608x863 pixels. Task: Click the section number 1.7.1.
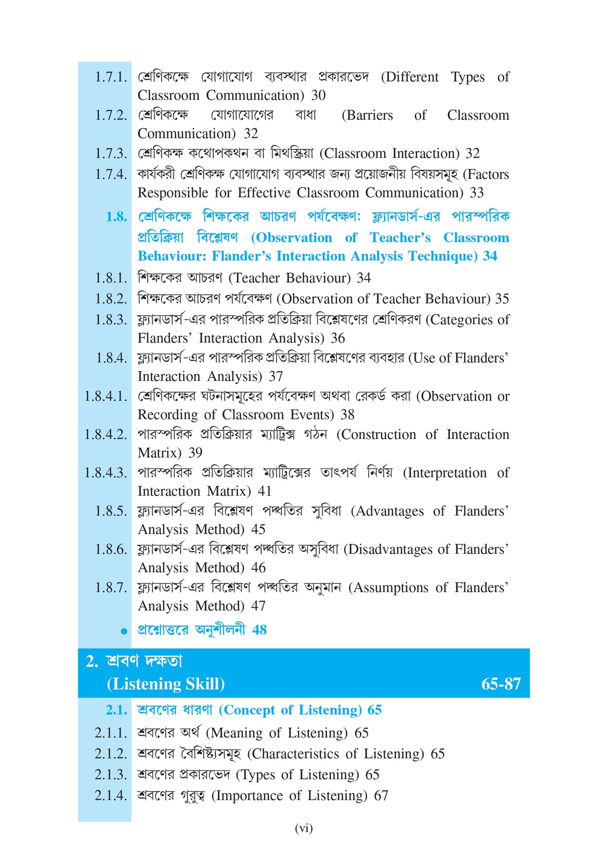[x=111, y=77]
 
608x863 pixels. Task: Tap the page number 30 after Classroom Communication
[x=319, y=95]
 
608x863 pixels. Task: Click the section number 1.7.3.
[x=111, y=153]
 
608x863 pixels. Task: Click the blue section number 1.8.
[x=116, y=217]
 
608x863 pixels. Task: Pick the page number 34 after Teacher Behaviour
[x=364, y=278]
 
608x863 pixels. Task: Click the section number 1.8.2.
[x=111, y=299]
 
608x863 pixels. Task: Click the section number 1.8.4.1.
[x=105, y=396]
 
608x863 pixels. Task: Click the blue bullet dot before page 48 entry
[x=124, y=631]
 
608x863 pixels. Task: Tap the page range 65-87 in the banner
[x=501, y=684]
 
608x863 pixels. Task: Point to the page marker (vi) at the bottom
[x=303, y=828]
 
